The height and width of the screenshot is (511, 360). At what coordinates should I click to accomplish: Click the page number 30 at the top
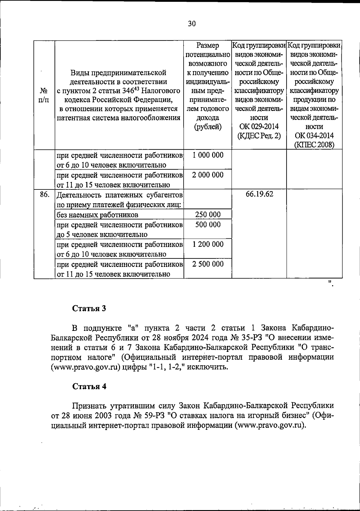point(192,24)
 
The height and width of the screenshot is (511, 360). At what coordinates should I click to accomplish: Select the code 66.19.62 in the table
point(259,194)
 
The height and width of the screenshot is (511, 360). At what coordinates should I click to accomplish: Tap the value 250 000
point(208,214)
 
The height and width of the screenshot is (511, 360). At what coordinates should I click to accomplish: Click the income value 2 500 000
point(208,264)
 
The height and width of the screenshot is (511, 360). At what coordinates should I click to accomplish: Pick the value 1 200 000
point(208,244)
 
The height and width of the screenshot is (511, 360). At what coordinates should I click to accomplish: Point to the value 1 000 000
point(208,155)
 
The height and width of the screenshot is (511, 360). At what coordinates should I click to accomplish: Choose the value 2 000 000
point(208,175)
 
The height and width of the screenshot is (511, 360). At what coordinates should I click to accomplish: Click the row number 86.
point(44,195)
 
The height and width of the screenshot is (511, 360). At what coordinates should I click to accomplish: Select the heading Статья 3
point(89,309)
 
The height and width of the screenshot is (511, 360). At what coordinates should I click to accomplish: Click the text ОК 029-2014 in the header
point(259,126)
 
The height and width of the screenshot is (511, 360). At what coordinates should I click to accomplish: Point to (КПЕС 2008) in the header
point(314,145)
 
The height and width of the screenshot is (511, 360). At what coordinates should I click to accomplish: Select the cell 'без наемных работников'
point(97,215)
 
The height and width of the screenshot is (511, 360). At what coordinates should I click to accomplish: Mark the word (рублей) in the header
point(208,127)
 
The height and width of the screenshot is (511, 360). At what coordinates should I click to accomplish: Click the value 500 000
point(208,225)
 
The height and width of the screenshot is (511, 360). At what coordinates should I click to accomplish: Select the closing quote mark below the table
point(330,283)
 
